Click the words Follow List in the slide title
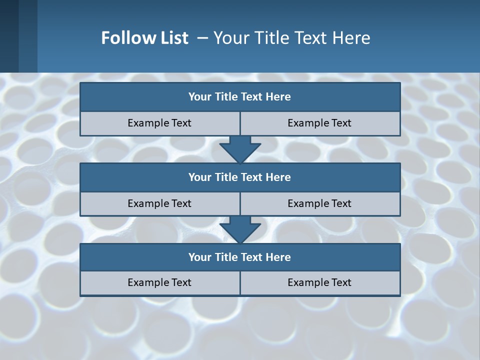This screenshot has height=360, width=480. click(x=144, y=38)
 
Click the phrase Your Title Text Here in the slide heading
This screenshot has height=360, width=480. click(x=292, y=38)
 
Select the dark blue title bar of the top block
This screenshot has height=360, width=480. click(x=240, y=97)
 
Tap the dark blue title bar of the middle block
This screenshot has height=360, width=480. click(x=240, y=177)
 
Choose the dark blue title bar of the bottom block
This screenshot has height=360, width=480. click(x=240, y=257)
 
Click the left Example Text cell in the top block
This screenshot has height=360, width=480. click(x=160, y=123)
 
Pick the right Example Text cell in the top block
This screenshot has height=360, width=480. click(x=320, y=123)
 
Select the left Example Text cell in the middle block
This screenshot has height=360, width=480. click(x=160, y=203)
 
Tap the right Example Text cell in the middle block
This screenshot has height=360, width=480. click(x=320, y=203)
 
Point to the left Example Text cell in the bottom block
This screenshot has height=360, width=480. click(x=160, y=282)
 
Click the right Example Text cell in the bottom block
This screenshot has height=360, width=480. click(x=320, y=282)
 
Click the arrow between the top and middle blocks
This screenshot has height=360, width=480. click(x=240, y=149)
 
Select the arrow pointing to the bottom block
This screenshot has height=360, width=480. click(x=240, y=229)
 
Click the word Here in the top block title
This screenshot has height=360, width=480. click(x=278, y=97)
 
